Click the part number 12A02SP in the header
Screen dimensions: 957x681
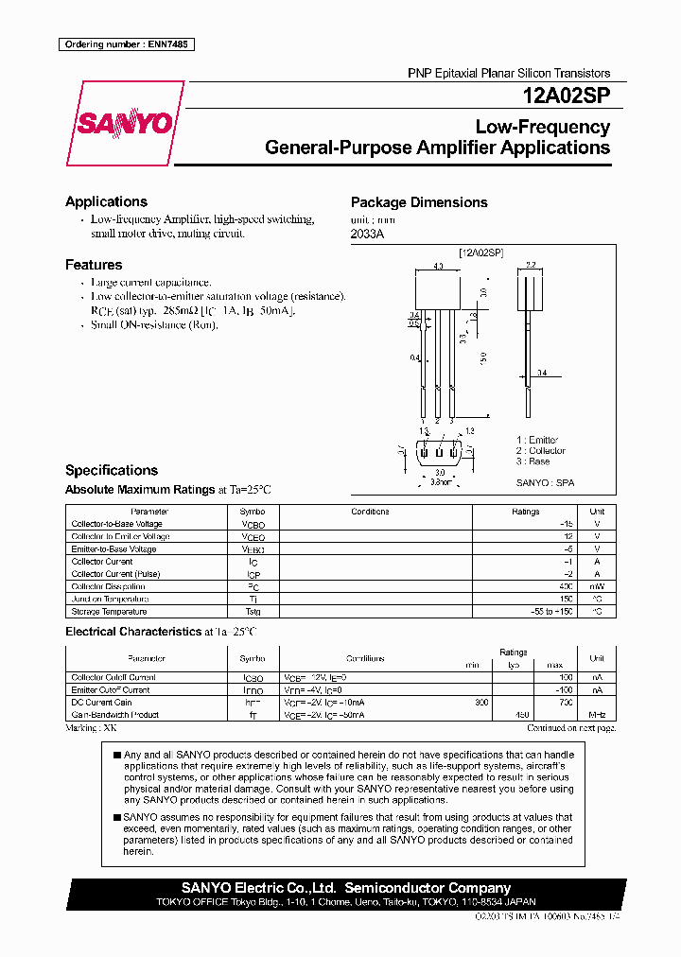point(566,96)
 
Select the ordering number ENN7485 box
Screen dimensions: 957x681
point(126,44)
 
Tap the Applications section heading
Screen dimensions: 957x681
point(106,201)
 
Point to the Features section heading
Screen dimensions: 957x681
point(94,265)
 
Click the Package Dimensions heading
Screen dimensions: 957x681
point(419,202)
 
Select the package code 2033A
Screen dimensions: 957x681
point(367,234)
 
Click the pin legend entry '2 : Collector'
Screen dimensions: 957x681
point(541,451)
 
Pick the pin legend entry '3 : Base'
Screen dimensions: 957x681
point(533,461)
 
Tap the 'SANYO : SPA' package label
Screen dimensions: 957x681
point(545,482)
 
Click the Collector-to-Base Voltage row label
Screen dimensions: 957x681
point(116,524)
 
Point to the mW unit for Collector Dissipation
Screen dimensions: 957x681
point(597,586)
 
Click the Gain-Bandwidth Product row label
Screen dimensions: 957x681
point(114,716)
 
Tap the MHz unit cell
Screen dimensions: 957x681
point(597,716)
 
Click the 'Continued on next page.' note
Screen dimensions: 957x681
point(571,728)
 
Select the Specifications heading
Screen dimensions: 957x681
point(111,470)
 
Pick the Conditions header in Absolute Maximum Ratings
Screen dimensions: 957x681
point(370,512)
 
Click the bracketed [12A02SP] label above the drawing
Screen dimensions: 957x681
point(481,253)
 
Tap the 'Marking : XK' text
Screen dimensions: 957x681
point(92,728)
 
